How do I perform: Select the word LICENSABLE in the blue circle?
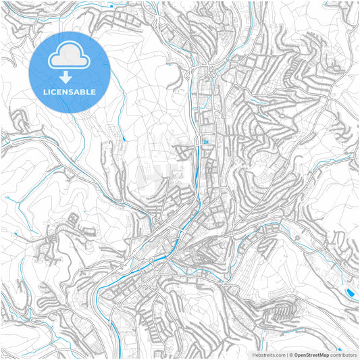(70, 92)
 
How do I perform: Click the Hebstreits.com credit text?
(269, 355)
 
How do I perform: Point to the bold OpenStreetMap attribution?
(311, 355)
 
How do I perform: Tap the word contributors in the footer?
(344, 355)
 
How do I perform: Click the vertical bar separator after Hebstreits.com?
(288, 355)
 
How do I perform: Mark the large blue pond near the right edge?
(349, 292)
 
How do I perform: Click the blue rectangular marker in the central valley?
(205, 141)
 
